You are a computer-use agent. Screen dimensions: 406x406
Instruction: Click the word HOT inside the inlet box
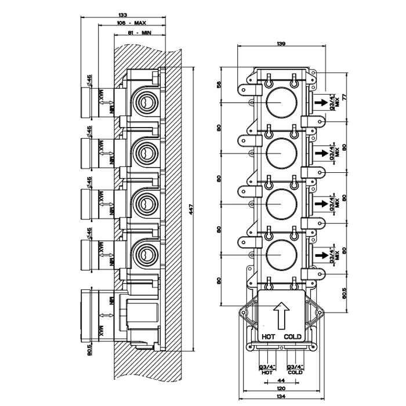point(269,336)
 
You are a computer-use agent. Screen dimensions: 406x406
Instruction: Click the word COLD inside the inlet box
point(292,336)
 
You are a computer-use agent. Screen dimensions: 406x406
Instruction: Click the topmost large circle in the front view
point(281,103)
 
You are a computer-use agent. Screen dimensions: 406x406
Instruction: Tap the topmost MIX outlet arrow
point(319,103)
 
